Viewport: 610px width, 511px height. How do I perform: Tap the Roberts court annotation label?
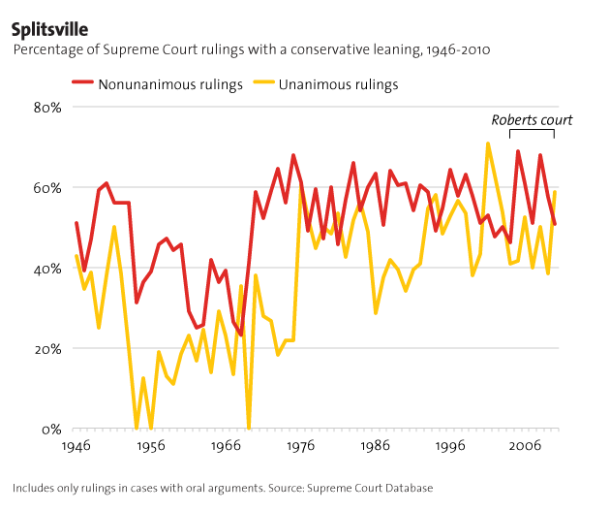tap(532, 120)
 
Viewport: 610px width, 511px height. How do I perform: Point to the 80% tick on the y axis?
tap(46, 107)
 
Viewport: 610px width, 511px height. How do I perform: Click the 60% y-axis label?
tap(46, 187)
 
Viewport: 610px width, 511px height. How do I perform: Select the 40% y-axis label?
tap(46, 269)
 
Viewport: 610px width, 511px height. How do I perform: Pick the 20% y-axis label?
tap(46, 349)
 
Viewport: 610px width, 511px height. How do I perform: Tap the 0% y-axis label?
tap(50, 430)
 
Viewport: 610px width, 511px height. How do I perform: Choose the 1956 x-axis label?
tap(150, 448)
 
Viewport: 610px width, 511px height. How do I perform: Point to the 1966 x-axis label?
tap(226, 448)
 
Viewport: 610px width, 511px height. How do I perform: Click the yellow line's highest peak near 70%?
tap(488, 144)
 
